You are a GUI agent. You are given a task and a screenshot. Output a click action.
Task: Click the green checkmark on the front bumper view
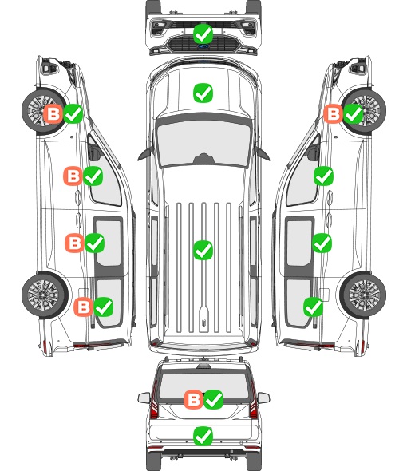[x=203, y=34]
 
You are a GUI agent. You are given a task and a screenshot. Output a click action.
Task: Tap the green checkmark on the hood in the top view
[x=203, y=93]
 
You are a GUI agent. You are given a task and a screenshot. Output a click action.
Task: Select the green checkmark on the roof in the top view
[x=203, y=250]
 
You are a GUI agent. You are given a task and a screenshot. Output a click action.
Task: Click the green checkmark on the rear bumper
[x=203, y=436]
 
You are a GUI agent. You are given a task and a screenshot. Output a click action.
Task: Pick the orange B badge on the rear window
[x=193, y=399]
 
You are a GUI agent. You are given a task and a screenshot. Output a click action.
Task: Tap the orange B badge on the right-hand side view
[x=333, y=113]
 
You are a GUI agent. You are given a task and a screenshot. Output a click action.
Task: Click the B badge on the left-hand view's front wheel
[x=53, y=114]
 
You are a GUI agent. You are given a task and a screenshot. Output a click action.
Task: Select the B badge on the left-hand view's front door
[x=73, y=176]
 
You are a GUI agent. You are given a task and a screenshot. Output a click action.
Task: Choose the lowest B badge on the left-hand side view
[x=83, y=307]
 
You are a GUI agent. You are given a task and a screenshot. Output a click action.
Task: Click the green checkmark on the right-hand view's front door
[x=323, y=176]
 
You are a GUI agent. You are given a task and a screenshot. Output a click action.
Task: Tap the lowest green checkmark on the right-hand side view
[x=314, y=307]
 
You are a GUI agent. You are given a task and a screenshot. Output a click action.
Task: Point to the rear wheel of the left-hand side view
[x=45, y=295]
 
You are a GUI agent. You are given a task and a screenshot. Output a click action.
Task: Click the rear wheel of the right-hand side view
[x=363, y=295]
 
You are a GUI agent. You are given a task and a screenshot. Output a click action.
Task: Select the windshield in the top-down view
[x=203, y=143]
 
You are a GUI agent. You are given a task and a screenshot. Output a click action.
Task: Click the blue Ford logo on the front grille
[x=203, y=46]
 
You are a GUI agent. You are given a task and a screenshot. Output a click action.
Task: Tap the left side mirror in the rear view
[x=144, y=398]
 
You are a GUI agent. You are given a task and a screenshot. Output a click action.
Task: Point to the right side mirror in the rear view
[x=263, y=398]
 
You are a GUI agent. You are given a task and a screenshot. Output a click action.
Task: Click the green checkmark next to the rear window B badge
[x=214, y=399]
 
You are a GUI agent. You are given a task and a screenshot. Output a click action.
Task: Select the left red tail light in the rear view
[x=154, y=404]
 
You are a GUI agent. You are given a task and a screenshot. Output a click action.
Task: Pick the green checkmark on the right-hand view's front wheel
[x=354, y=113]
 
